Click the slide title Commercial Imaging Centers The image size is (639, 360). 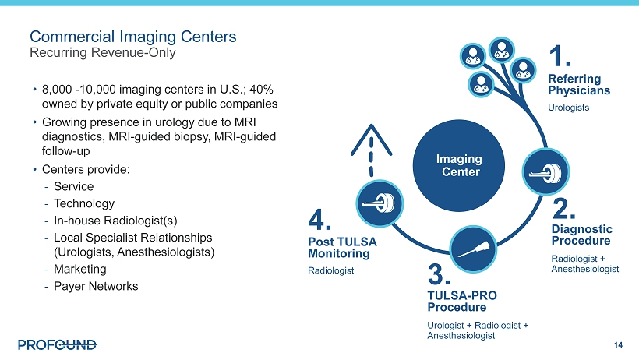(132, 37)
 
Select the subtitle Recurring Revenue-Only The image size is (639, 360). (103, 52)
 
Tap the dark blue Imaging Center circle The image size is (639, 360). (459, 165)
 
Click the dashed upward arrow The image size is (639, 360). (371, 150)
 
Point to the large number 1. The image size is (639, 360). (560, 56)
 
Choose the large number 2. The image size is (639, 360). (563, 208)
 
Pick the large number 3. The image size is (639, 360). (439, 274)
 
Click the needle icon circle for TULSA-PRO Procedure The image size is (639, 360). (473, 249)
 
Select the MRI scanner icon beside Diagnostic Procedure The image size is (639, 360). (545, 171)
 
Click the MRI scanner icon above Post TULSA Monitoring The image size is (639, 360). (380, 203)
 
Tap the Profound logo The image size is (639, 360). (58, 345)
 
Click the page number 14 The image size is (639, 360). (618, 345)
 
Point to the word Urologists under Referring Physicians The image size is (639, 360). (569, 108)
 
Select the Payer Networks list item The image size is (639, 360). (96, 286)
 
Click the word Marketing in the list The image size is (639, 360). (79, 269)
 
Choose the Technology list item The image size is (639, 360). (84, 203)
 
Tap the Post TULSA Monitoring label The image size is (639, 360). (342, 248)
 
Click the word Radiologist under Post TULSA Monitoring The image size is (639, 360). (331, 270)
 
